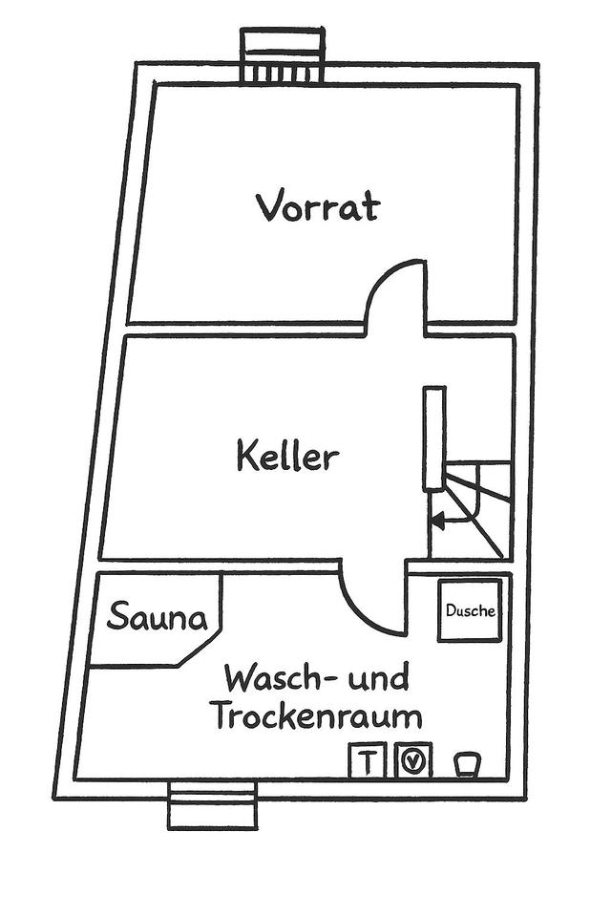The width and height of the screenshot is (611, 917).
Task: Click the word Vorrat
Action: pos(317,206)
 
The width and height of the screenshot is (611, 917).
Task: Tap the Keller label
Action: pos(287,457)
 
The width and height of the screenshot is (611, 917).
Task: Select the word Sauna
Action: pos(157,617)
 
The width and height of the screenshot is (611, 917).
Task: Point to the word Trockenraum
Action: pos(316,715)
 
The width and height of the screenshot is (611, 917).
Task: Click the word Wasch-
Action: pos(272,679)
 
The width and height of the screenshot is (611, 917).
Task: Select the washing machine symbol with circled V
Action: pos(413,761)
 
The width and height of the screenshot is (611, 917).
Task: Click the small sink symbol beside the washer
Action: pos(466,762)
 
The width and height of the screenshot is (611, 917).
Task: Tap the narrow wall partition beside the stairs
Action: pos(434,438)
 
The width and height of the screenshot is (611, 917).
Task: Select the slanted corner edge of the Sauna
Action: pos(199,650)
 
